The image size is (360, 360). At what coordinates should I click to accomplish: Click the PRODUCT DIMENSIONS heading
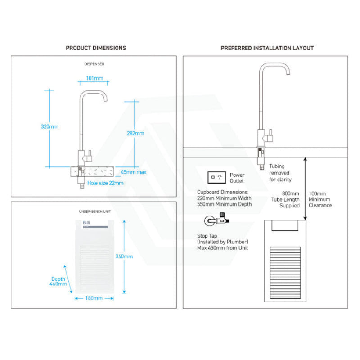[96, 48]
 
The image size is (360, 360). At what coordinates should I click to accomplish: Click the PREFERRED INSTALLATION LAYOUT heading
[267, 48]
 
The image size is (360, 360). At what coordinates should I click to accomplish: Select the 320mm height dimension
[49, 127]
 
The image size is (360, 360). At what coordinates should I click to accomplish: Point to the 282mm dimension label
[135, 133]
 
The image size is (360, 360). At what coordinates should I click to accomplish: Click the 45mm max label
[134, 172]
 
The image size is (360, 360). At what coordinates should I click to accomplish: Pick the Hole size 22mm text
[105, 183]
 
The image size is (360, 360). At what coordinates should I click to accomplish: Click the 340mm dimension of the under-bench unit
[124, 256]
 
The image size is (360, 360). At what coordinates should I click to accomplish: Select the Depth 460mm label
[59, 282]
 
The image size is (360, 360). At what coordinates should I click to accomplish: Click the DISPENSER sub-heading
[94, 64]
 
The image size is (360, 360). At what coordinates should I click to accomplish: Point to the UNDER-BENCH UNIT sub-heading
[94, 211]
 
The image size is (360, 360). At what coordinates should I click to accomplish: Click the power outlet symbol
[216, 177]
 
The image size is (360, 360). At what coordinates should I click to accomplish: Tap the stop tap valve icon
[214, 221]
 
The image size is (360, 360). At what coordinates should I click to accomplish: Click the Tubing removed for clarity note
[280, 173]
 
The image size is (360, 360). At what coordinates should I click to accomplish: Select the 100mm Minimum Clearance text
[320, 199]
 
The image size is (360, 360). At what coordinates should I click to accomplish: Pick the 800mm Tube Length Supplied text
[289, 199]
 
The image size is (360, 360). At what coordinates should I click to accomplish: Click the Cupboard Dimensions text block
[224, 198]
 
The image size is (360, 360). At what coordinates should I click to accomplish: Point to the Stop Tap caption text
[223, 241]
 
